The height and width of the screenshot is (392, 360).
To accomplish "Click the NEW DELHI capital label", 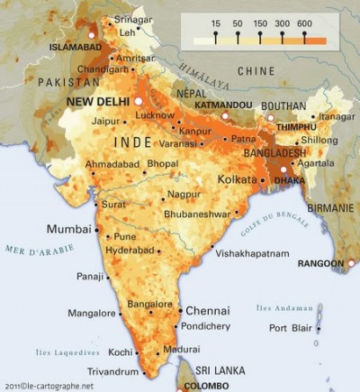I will [99, 103].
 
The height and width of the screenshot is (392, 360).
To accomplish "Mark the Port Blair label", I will [290, 327].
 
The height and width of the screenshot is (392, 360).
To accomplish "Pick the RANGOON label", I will [321, 264].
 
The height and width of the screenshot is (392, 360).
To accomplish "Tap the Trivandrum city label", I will [113, 371].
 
